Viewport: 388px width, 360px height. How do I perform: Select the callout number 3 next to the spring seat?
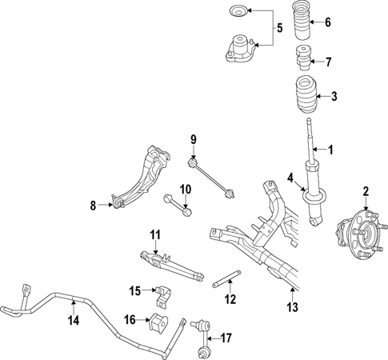click(334, 97)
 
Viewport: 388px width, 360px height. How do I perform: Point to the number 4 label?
click(290, 178)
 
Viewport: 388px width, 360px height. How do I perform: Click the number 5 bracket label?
click(279, 29)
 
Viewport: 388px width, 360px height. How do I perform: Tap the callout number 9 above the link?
click(193, 141)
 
